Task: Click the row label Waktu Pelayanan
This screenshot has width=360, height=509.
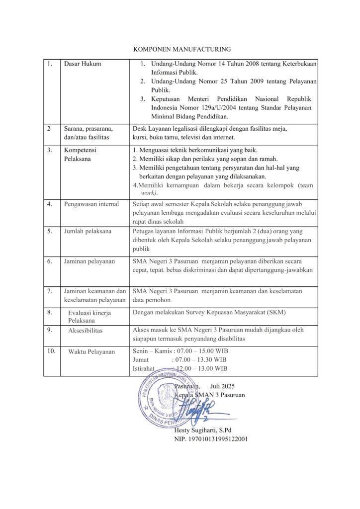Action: pyautogui.click(x=91, y=351)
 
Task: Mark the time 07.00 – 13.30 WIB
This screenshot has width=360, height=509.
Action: pyautogui.click(x=199, y=360)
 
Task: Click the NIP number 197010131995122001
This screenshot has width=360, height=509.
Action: pyautogui.click(x=211, y=439)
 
